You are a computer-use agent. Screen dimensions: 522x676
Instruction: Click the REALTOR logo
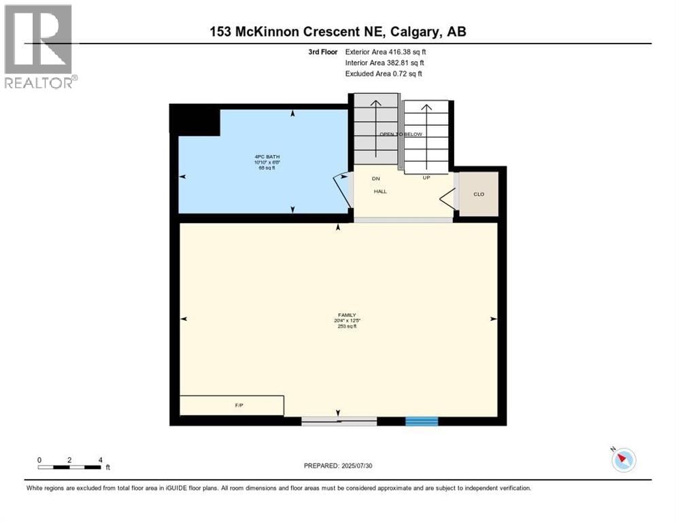click(x=39, y=46)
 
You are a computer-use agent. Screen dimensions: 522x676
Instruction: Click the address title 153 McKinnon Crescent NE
click(x=337, y=31)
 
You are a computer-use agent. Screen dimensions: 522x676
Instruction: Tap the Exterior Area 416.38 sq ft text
click(x=386, y=52)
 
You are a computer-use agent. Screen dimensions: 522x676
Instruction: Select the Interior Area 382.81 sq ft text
click(x=384, y=63)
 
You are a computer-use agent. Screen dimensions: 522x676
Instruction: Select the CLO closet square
click(x=479, y=194)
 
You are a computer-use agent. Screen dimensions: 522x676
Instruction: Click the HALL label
click(x=380, y=192)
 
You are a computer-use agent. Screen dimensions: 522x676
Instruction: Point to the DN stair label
click(x=375, y=179)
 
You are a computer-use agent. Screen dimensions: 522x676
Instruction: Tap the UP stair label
click(x=426, y=178)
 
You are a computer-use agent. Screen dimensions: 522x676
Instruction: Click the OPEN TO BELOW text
click(x=401, y=135)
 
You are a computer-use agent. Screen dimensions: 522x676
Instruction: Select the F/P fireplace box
click(x=231, y=406)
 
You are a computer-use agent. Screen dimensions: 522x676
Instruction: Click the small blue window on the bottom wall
click(x=422, y=421)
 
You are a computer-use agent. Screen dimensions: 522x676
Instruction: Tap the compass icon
click(x=623, y=460)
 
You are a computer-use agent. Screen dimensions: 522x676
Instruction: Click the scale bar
click(x=71, y=467)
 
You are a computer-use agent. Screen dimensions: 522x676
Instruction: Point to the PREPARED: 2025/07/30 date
click(x=338, y=466)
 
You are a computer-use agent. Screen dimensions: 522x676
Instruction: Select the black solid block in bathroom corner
click(x=195, y=120)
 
